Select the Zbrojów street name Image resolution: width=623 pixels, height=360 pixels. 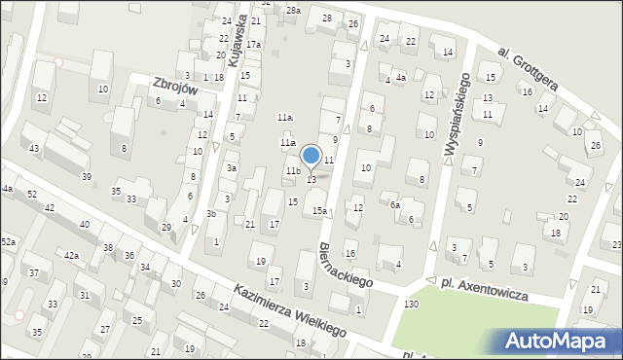tap(176, 88)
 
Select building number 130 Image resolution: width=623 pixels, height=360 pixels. tap(412, 305)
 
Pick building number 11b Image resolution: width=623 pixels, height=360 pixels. tap(292, 171)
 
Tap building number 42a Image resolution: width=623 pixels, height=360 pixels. tap(71, 255)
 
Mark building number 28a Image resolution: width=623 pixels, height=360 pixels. tap(293, 10)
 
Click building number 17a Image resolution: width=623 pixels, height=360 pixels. tap(253, 45)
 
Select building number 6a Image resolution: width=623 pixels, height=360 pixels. tap(395, 205)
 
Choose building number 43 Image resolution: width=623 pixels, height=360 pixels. tap(34, 148)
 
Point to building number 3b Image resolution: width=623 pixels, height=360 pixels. tap(211, 214)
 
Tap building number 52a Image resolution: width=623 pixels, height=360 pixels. tap(8, 241)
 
